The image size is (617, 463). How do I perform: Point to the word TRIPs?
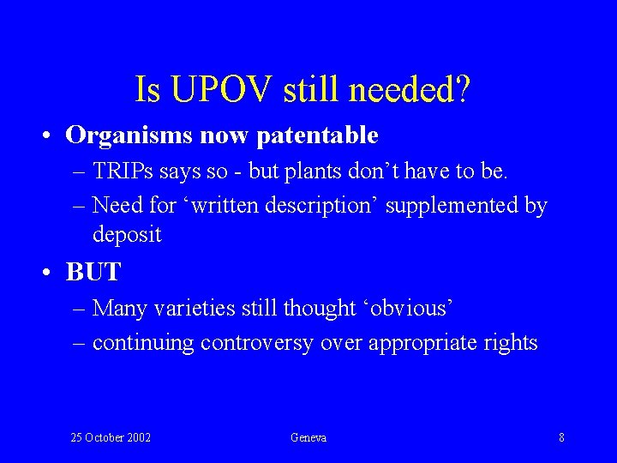[123, 171]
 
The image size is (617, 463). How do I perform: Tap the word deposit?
[127, 234]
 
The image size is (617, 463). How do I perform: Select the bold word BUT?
[93, 273]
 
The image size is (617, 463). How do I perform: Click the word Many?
[119, 308]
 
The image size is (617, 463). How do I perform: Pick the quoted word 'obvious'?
[410, 308]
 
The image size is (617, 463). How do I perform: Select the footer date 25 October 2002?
[111, 438]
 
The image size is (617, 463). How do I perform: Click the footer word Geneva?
[308, 438]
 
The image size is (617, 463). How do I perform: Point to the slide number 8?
[561, 438]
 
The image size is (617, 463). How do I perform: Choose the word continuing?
[143, 343]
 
